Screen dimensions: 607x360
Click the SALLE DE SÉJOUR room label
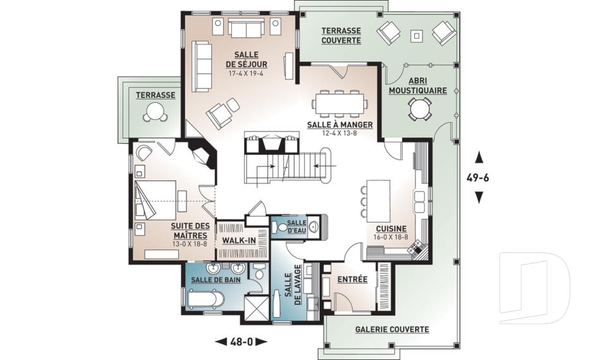click(246, 59)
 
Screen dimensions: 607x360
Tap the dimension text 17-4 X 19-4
click(246, 73)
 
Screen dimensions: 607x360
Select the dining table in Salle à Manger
click(341, 104)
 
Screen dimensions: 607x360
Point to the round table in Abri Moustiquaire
click(419, 108)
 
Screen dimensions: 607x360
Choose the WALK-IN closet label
click(239, 240)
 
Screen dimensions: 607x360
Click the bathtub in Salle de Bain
click(205, 300)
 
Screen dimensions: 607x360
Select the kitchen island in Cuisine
click(378, 201)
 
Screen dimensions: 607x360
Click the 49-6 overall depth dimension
click(479, 178)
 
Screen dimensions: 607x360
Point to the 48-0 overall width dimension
click(241, 342)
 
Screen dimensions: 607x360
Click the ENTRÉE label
click(352, 279)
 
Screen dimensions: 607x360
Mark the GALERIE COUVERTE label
click(392, 330)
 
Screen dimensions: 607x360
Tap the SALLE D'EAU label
click(297, 227)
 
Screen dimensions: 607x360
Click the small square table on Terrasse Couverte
click(417, 36)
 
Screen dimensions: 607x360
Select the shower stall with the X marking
click(256, 308)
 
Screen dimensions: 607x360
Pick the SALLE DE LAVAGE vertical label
click(293, 285)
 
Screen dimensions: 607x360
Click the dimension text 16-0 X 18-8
click(391, 237)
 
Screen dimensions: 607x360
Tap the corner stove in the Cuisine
click(417, 249)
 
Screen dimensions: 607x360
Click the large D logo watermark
click(534, 288)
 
